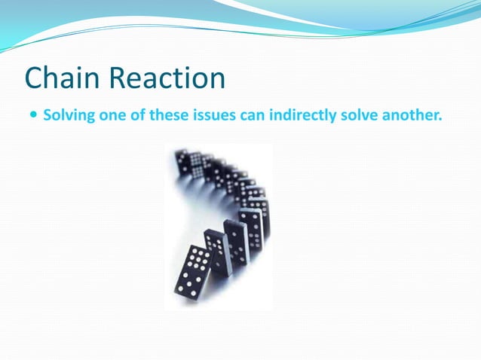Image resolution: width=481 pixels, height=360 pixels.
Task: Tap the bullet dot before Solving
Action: click(x=32, y=117)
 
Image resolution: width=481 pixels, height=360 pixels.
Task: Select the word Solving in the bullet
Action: click(x=66, y=117)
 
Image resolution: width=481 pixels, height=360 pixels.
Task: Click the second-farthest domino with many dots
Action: click(x=196, y=166)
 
